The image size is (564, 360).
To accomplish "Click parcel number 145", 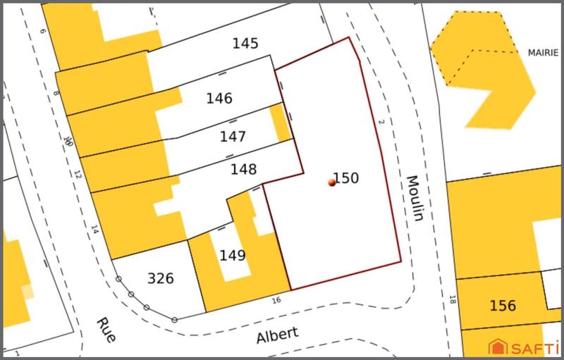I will (245, 44).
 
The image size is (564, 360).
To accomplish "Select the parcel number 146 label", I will (219, 98).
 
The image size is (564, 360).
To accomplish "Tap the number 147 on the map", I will (233, 136).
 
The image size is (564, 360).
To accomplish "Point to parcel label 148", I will (243, 169).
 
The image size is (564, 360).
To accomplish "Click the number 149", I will (233, 254).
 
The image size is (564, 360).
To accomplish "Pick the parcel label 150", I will (346, 178).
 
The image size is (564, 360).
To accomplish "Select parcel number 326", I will (161, 278).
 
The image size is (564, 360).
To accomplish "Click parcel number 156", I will (503, 306).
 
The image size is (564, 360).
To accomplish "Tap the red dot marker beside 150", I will (332, 182).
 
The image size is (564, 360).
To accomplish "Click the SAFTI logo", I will (525, 346).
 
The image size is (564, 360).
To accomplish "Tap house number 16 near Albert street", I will (276, 300).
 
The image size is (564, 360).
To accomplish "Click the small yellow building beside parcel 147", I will (281, 122).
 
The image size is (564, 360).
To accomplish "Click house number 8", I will (56, 93).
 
